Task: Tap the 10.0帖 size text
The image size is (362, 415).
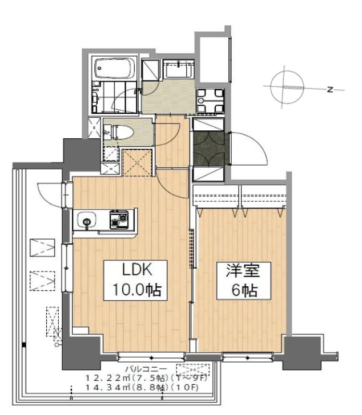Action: (x=135, y=290)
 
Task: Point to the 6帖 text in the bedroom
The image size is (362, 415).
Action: (x=236, y=290)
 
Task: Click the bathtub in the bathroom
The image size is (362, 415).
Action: (x=114, y=70)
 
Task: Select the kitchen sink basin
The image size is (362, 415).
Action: (x=87, y=219)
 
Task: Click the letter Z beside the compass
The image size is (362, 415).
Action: (x=330, y=89)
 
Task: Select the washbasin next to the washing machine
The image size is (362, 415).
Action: (x=179, y=70)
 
